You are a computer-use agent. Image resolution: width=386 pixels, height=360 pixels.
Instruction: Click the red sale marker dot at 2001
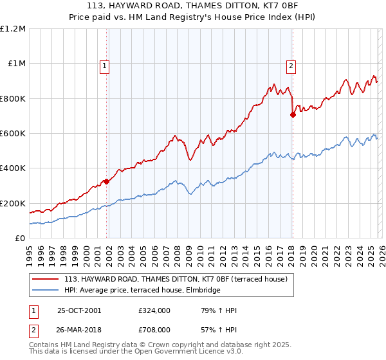(107, 181)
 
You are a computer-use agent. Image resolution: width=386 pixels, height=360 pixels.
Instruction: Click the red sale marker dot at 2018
(293, 115)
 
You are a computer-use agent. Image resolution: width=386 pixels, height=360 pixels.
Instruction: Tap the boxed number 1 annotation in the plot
(104, 65)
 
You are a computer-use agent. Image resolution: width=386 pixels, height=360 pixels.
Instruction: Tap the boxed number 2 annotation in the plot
(291, 65)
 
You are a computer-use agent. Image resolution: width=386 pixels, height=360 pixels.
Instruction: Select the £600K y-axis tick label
(13, 134)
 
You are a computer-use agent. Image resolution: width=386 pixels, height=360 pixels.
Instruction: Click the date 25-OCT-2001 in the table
(79, 310)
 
